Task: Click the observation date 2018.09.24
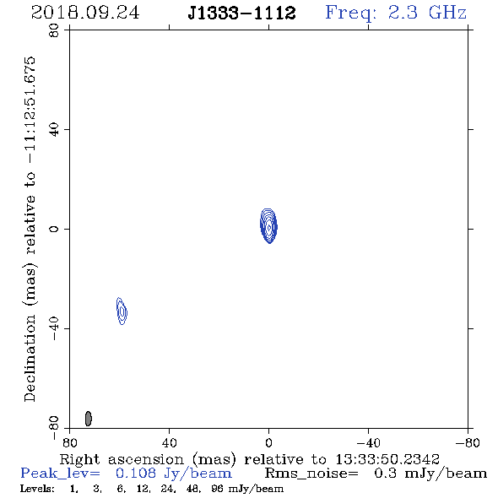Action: click(85, 13)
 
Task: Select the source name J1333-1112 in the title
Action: click(241, 13)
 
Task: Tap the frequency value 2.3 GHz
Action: click(427, 13)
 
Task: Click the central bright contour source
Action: click(268, 226)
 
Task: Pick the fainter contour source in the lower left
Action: click(122, 311)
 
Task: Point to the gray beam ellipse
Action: click(89, 419)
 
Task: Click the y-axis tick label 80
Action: click(54, 30)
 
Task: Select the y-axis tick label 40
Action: click(54, 130)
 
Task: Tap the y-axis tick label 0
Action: click(54, 229)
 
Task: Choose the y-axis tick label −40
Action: click(54, 328)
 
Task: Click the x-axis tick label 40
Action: click(169, 443)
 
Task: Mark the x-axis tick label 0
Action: click(268, 443)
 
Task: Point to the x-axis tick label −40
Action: click(368, 443)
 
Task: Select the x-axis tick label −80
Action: click(468, 443)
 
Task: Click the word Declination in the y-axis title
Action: click(30, 358)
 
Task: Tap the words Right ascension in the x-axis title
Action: click(122, 459)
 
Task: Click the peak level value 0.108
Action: click(136, 474)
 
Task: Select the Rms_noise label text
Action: click(311, 474)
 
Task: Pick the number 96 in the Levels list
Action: click(217, 489)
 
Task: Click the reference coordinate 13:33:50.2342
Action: click(387, 459)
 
